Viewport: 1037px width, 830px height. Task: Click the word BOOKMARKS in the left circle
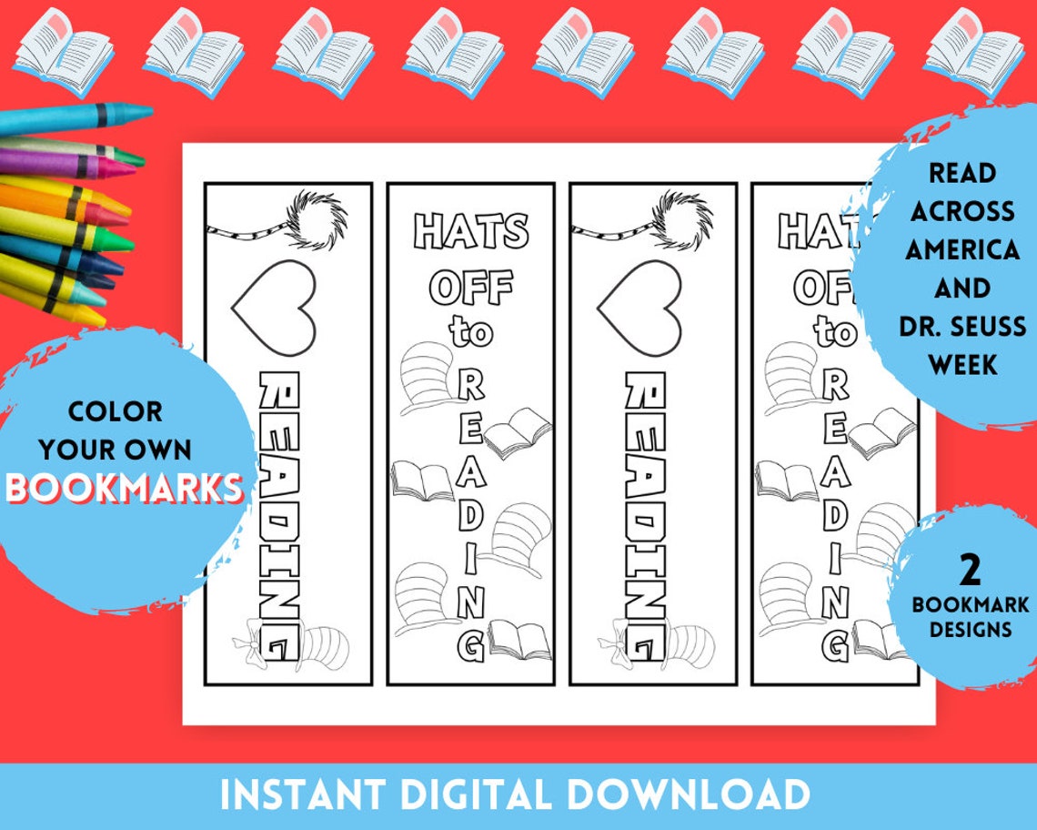[126, 488]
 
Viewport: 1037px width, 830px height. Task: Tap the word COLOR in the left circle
[116, 411]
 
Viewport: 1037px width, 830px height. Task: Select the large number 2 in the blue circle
[971, 571]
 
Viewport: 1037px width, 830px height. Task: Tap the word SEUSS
[983, 326]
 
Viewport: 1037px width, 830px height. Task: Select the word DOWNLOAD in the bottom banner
[704, 795]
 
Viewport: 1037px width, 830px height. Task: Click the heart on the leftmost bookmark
[274, 307]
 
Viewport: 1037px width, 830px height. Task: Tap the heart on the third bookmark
[639, 307]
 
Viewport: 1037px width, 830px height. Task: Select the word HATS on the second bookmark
[471, 232]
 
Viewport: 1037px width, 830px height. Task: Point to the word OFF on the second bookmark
[471, 288]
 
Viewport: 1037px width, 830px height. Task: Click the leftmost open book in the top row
[63, 52]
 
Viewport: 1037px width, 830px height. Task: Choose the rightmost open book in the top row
[973, 52]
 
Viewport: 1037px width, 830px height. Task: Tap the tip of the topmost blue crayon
[141, 113]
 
